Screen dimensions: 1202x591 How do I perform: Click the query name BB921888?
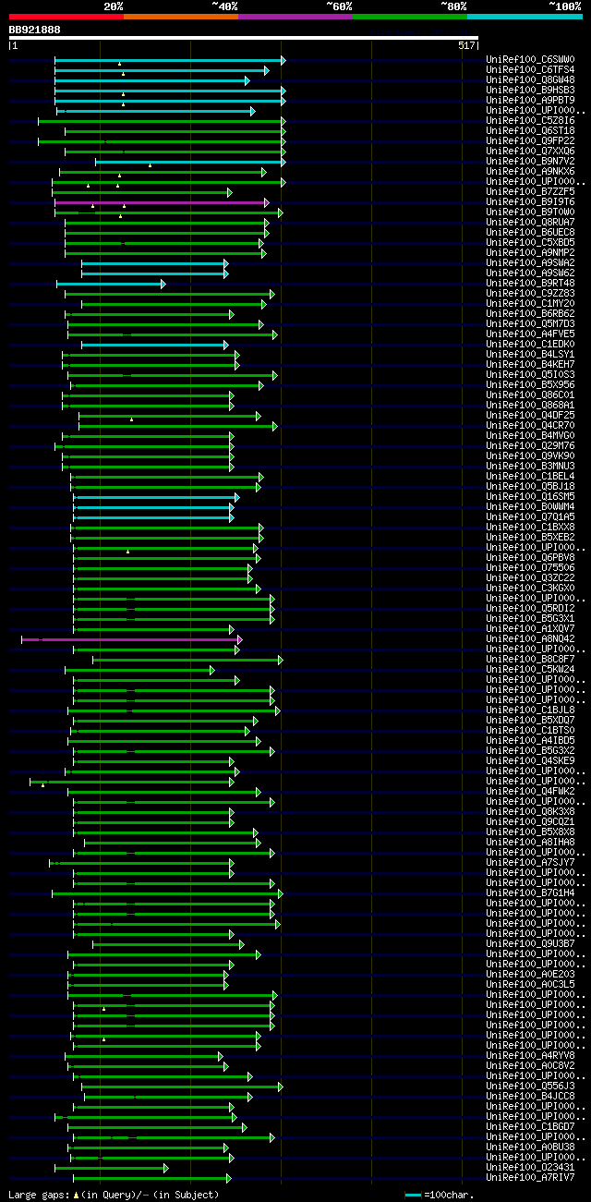point(35,30)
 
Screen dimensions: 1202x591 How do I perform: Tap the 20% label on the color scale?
point(114,6)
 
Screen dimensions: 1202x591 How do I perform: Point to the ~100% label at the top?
point(564,6)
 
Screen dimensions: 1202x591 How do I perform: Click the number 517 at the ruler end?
point(466,45)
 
